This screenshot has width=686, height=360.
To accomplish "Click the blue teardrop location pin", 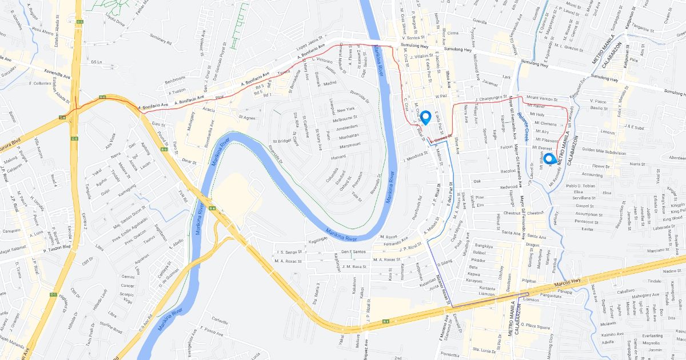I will point(425,117).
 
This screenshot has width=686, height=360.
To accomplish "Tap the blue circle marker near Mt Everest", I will point(549,159).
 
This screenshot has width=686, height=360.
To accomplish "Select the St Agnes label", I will point(246,118).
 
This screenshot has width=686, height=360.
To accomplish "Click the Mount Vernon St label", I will point(540,98).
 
